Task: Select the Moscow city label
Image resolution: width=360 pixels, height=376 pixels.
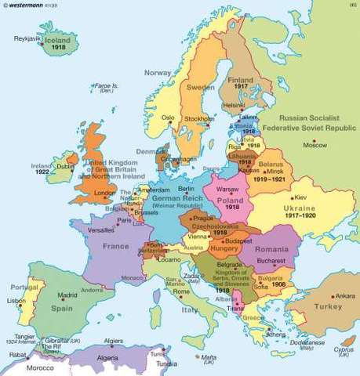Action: pyautogui.click(x=315, y=146)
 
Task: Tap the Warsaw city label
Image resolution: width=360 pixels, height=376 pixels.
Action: pyautogui.click(x=227, y=189)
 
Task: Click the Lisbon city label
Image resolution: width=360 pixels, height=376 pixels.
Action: pyautogui.click(x=15, y=301)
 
